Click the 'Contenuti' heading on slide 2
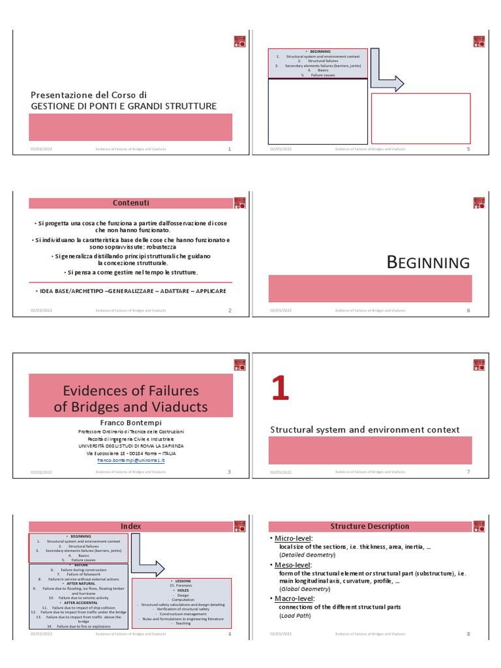click(130, 203)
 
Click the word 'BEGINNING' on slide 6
click(428, 263)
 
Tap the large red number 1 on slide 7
click(281, 389)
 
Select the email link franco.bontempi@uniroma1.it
click(130, 460)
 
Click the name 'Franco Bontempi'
click(130, 423)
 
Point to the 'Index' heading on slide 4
click(130, 526)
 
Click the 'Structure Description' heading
click(370, 526)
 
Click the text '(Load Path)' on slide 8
click(296, 615)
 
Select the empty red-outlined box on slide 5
click(421, 118)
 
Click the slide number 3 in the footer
click(229, 472)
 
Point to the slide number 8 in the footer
click(468, 633)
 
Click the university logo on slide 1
click(239, 42)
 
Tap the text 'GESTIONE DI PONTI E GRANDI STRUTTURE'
click(124, 106)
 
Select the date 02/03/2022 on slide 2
click(41, 311)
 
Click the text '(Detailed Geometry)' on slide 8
click(307, 554)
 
